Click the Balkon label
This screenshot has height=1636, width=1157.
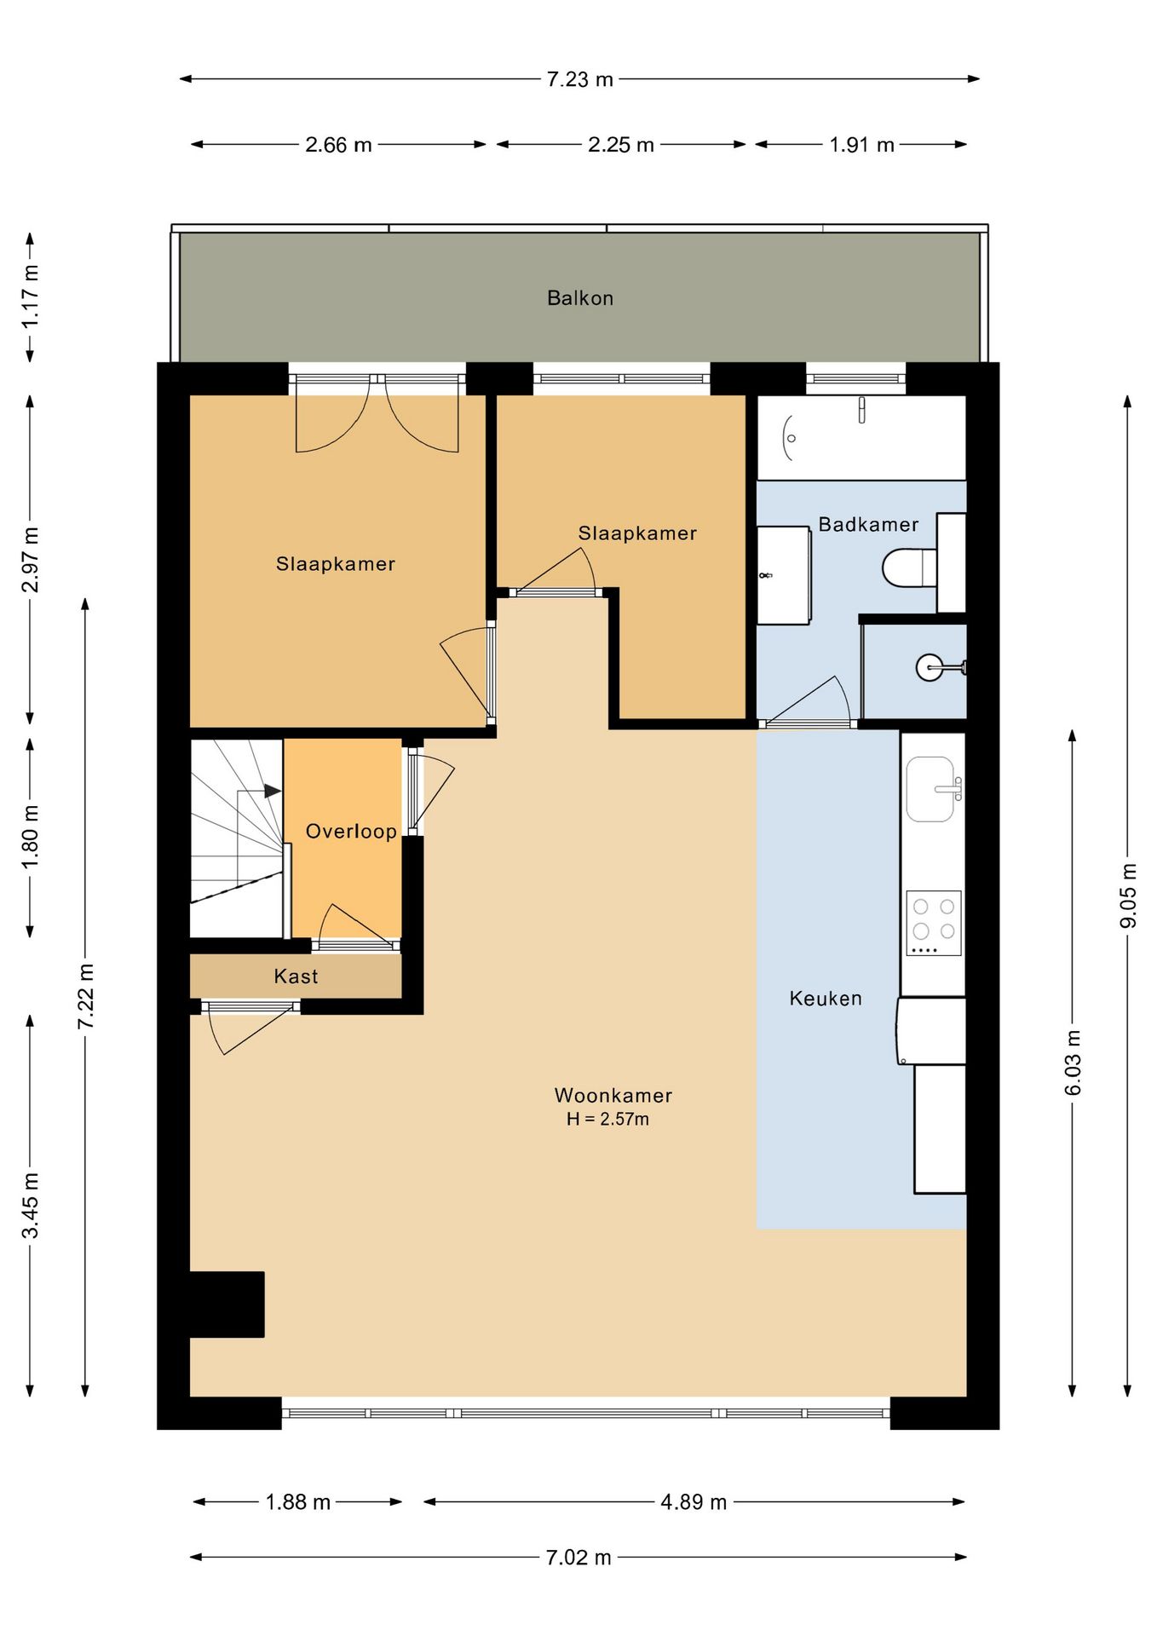(x=579, y=298)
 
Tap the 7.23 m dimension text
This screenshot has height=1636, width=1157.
(x=579, y=79)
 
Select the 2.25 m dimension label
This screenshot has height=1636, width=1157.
(x=620, y=145)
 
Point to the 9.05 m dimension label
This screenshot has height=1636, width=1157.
(x=1128, y=896)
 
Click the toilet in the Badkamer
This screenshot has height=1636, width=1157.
(x=909, y=567)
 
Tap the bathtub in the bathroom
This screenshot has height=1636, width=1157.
(x=861, y=437)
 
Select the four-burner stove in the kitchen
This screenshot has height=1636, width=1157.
(x=934, y=924)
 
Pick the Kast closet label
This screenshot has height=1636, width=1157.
(x=296, y=976)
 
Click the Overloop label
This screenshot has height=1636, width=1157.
(x=351, y=832)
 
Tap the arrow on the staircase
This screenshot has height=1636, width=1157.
(x=272, y=791)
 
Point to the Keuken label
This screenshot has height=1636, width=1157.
(x=826, y=999)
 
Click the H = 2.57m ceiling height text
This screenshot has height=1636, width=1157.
(x=607, y=1120)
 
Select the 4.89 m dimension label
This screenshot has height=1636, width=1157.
(x=694, y=1502)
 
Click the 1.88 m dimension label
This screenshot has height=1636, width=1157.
(x=297, y=1502)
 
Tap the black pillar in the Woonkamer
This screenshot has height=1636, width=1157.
(x=227, y=1305)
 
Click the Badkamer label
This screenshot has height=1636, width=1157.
(x=868, y=525)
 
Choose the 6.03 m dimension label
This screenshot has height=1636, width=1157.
(x=1073, y=1063)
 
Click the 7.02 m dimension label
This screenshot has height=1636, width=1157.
(x=578, y=1558)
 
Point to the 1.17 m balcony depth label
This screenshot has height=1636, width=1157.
(x=31, y=297)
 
